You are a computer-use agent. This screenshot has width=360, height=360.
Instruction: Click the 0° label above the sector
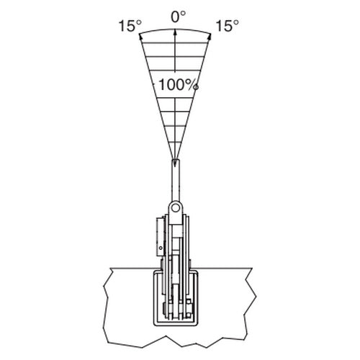pyautogui.click(x=178, y=17)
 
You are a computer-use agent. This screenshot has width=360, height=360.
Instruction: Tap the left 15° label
pyautogui.click(x=130, y=26)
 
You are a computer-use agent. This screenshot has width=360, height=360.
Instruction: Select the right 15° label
pyautogui.click(x=228, y=26)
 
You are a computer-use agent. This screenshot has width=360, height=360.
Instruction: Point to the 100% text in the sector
pyautogui.click(x=179, y=85)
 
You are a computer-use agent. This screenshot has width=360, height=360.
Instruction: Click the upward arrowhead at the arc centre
pyautogui.click(x=175, y=32)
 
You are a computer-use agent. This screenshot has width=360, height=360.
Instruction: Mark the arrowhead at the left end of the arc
pyautogui.click(x=140, y=35)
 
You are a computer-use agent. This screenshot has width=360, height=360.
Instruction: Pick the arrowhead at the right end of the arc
pyautogui.click(x=210, y=36)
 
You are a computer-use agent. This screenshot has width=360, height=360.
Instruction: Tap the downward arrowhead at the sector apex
pyautogui.click(x=175, y=163)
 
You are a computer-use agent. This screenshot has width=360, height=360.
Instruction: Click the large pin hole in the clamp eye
pyautogui.click(x=176, y=207)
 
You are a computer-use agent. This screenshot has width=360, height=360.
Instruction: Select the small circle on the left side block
pyautogui.click(x=161, y=248)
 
